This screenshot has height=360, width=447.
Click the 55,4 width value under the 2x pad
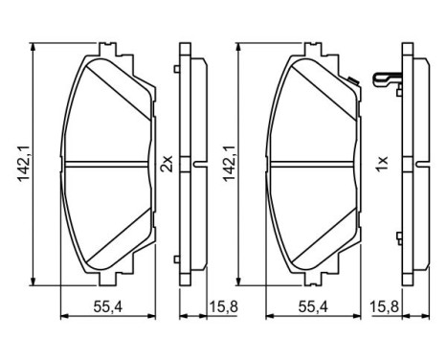click(x=105, y=306)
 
